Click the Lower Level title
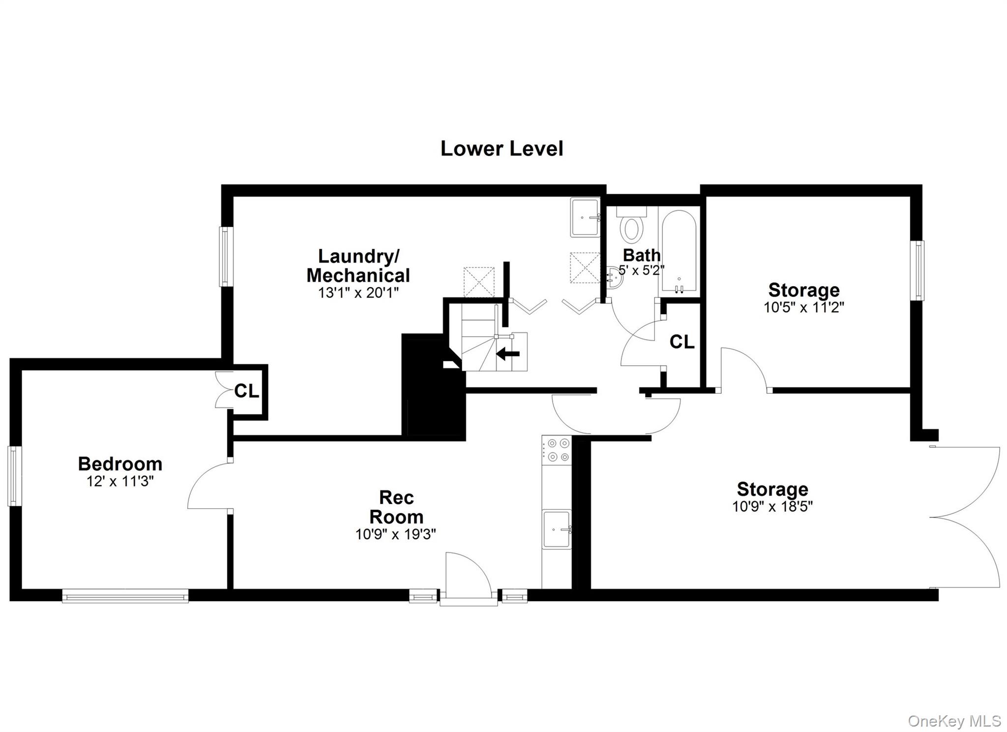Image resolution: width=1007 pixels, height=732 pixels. pos(502,148)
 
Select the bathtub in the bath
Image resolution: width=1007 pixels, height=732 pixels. pos(679,251)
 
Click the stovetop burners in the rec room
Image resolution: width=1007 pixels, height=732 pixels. pos(557,450)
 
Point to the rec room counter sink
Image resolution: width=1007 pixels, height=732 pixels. pos(557,529)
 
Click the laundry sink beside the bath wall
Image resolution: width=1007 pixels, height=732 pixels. pos(585,217)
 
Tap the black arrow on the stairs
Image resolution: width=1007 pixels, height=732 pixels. pos(508,353)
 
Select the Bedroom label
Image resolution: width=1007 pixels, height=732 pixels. pos(120,464)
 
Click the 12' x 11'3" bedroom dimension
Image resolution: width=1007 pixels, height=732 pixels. pos(120,481)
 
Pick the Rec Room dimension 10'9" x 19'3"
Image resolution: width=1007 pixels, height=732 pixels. pos(396,534)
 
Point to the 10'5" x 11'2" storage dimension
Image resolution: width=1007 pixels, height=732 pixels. pos(803,307)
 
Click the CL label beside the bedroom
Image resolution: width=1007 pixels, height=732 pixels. pos(246,391)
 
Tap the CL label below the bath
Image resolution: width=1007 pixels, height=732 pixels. pos(682,342)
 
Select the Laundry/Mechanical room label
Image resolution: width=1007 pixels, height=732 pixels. pos(358,265)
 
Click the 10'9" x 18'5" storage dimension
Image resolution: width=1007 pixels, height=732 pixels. pos(772,506)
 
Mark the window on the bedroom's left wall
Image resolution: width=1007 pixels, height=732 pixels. pos(15,475)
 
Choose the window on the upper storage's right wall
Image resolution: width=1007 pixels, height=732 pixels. pos(917,270)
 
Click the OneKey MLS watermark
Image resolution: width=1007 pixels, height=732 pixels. pos(954,721)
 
